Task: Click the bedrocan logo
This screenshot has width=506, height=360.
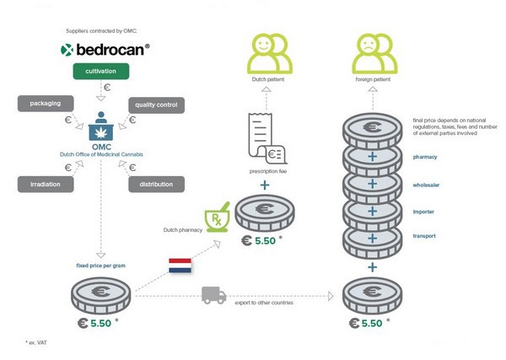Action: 106,50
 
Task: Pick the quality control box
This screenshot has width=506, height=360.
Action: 156,105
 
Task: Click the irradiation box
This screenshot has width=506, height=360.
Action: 44,184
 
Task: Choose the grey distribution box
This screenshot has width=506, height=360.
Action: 156,184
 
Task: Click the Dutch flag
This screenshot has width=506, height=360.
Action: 181,266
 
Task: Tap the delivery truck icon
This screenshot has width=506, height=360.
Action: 213,295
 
